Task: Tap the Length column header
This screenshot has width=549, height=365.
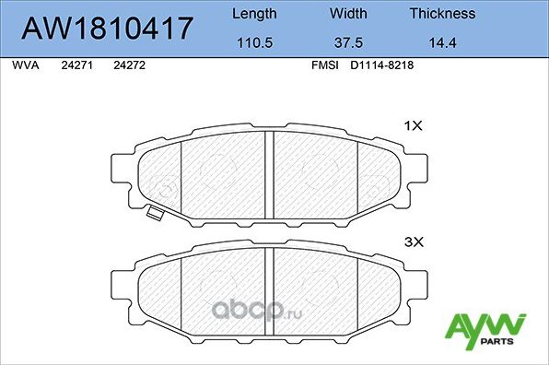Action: [253, 14]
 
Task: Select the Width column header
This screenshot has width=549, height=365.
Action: [348, 14]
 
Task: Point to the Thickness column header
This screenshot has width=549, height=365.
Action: [442, 14]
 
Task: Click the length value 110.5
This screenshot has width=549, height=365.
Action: [253, 42]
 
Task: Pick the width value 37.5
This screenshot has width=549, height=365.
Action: [348, 42]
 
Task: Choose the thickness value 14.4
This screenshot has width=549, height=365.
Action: [442, 42]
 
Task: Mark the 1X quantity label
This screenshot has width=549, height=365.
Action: [413, 126]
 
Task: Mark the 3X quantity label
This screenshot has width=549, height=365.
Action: [413, 241]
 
